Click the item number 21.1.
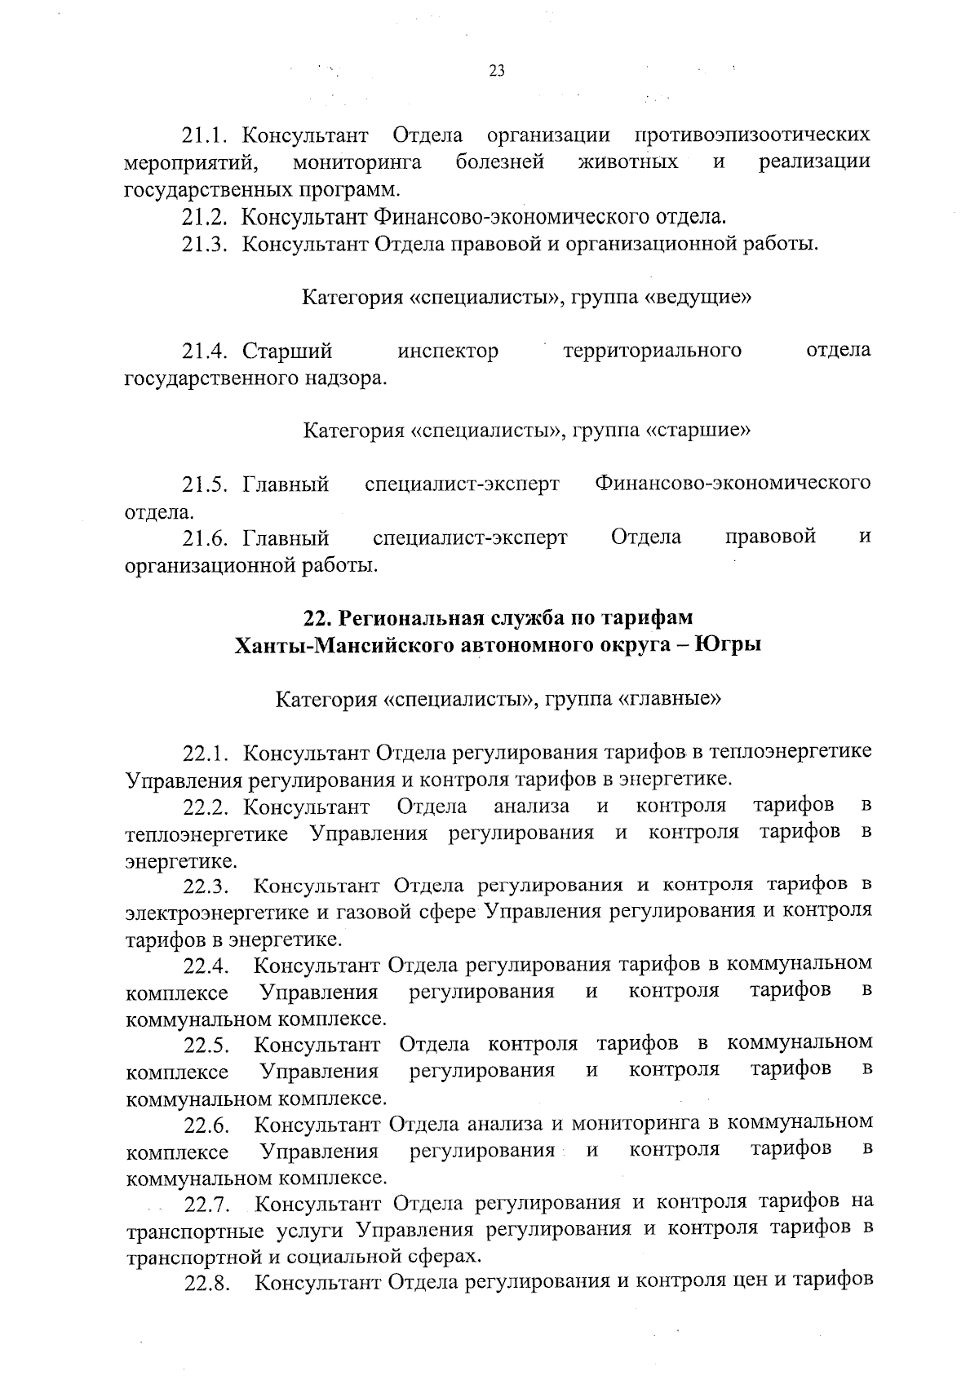(x=207, y=135)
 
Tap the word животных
(x=627, y=161)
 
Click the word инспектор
(x=448, y=351)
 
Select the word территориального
(x=652, y=351)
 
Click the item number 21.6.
(x=207, y=537)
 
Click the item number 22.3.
(x=208, y=886)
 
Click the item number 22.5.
(x=208, y=1045)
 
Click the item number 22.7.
(x=208, y=1203)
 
